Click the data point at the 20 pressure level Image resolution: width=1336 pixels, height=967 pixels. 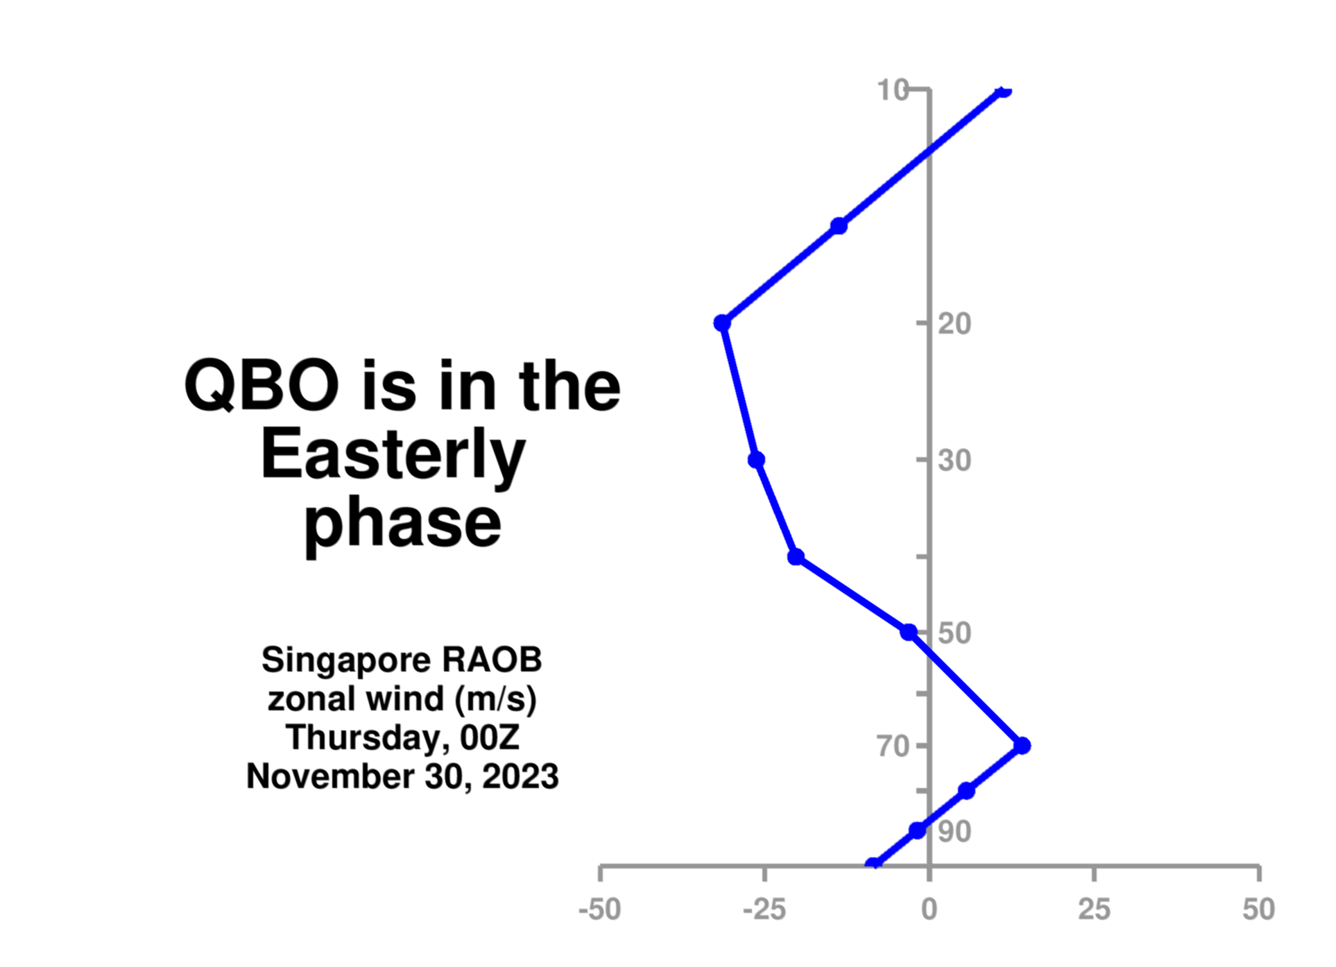[x=722, y=323]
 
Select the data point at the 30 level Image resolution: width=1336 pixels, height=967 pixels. [x=757, y=460]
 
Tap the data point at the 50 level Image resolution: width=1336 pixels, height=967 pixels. [x=909, y=632]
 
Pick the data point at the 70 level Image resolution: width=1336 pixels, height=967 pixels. [x=1022, y=746]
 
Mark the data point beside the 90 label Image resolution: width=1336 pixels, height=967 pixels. [x=918, y=830]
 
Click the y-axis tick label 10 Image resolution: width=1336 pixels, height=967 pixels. [x=893, y=90]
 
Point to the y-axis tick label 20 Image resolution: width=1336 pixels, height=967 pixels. [x=954, y=324]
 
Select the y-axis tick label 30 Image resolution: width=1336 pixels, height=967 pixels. [x=954, y=461]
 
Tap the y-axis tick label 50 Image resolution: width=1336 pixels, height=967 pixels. [x=954, y=633]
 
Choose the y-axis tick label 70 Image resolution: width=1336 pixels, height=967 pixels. [x=893, y=746]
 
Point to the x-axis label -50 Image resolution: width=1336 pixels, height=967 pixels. [x=600, y=909]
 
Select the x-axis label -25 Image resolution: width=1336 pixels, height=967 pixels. [x=764, y=909]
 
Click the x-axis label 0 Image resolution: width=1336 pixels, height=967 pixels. [x=930, y=909]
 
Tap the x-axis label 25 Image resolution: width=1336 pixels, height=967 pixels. [x=1095, y=909]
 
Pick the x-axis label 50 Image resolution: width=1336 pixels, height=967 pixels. [x=1259, y=909]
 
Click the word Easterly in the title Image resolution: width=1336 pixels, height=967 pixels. [x=393, y=457]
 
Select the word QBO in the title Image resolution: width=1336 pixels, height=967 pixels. [x=262, y=386]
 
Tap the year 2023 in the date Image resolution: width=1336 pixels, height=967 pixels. [x=520, y=776]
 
